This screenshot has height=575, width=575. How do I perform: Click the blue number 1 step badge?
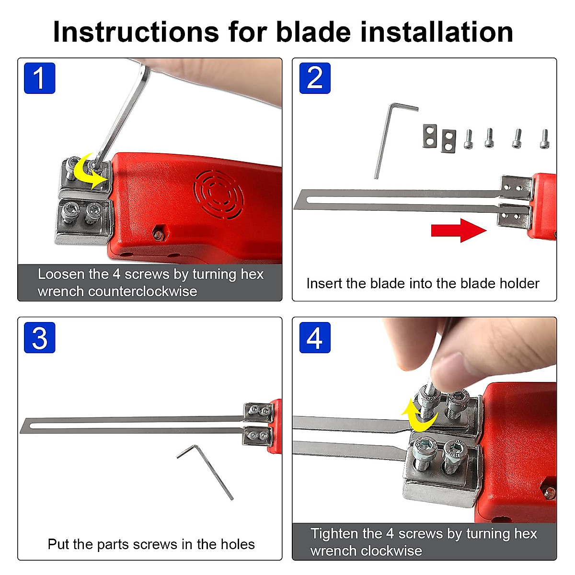click(x=39, y=78)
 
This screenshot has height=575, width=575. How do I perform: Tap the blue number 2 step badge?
click(x=315, y=78)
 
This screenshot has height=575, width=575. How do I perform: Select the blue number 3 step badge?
click(x=39, y=338)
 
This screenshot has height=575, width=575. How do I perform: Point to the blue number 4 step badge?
click(x=315, y=338)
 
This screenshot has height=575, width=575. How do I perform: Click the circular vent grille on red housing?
click(x=218, y=195)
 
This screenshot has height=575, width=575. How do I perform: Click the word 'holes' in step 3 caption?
click(x=238, y=544)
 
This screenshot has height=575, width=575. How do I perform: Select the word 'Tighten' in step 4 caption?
click(x=334, y=534)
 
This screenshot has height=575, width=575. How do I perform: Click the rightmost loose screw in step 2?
click(x=544, y=139)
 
